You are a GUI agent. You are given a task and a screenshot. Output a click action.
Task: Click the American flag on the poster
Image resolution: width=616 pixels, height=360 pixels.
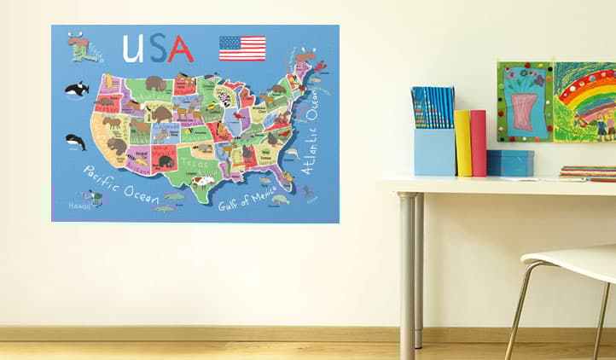(242, 48)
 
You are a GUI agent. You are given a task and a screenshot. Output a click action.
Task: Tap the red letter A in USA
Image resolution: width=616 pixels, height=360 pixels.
(180, 49)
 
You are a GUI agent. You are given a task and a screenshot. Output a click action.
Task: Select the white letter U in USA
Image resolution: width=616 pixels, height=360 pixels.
(132, 49)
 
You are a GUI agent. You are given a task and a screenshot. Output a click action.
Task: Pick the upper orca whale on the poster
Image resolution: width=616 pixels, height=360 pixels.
(77, 88)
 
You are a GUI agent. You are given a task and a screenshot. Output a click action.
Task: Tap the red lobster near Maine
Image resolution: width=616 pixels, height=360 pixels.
(319, 66)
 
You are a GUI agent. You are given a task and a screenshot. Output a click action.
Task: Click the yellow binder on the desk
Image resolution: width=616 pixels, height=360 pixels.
(462, 142)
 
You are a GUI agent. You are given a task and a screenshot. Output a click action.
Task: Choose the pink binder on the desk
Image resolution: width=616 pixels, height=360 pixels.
(478, 142)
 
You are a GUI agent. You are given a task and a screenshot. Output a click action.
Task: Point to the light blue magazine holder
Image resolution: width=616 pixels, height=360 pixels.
(434, 152)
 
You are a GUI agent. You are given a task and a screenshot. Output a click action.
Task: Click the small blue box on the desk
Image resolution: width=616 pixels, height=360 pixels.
(509, 162)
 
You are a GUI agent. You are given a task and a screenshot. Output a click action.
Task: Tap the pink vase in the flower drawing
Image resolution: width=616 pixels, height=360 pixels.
(524, 111)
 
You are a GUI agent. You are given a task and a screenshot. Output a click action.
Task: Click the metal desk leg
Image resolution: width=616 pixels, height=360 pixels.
(408, 273)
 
